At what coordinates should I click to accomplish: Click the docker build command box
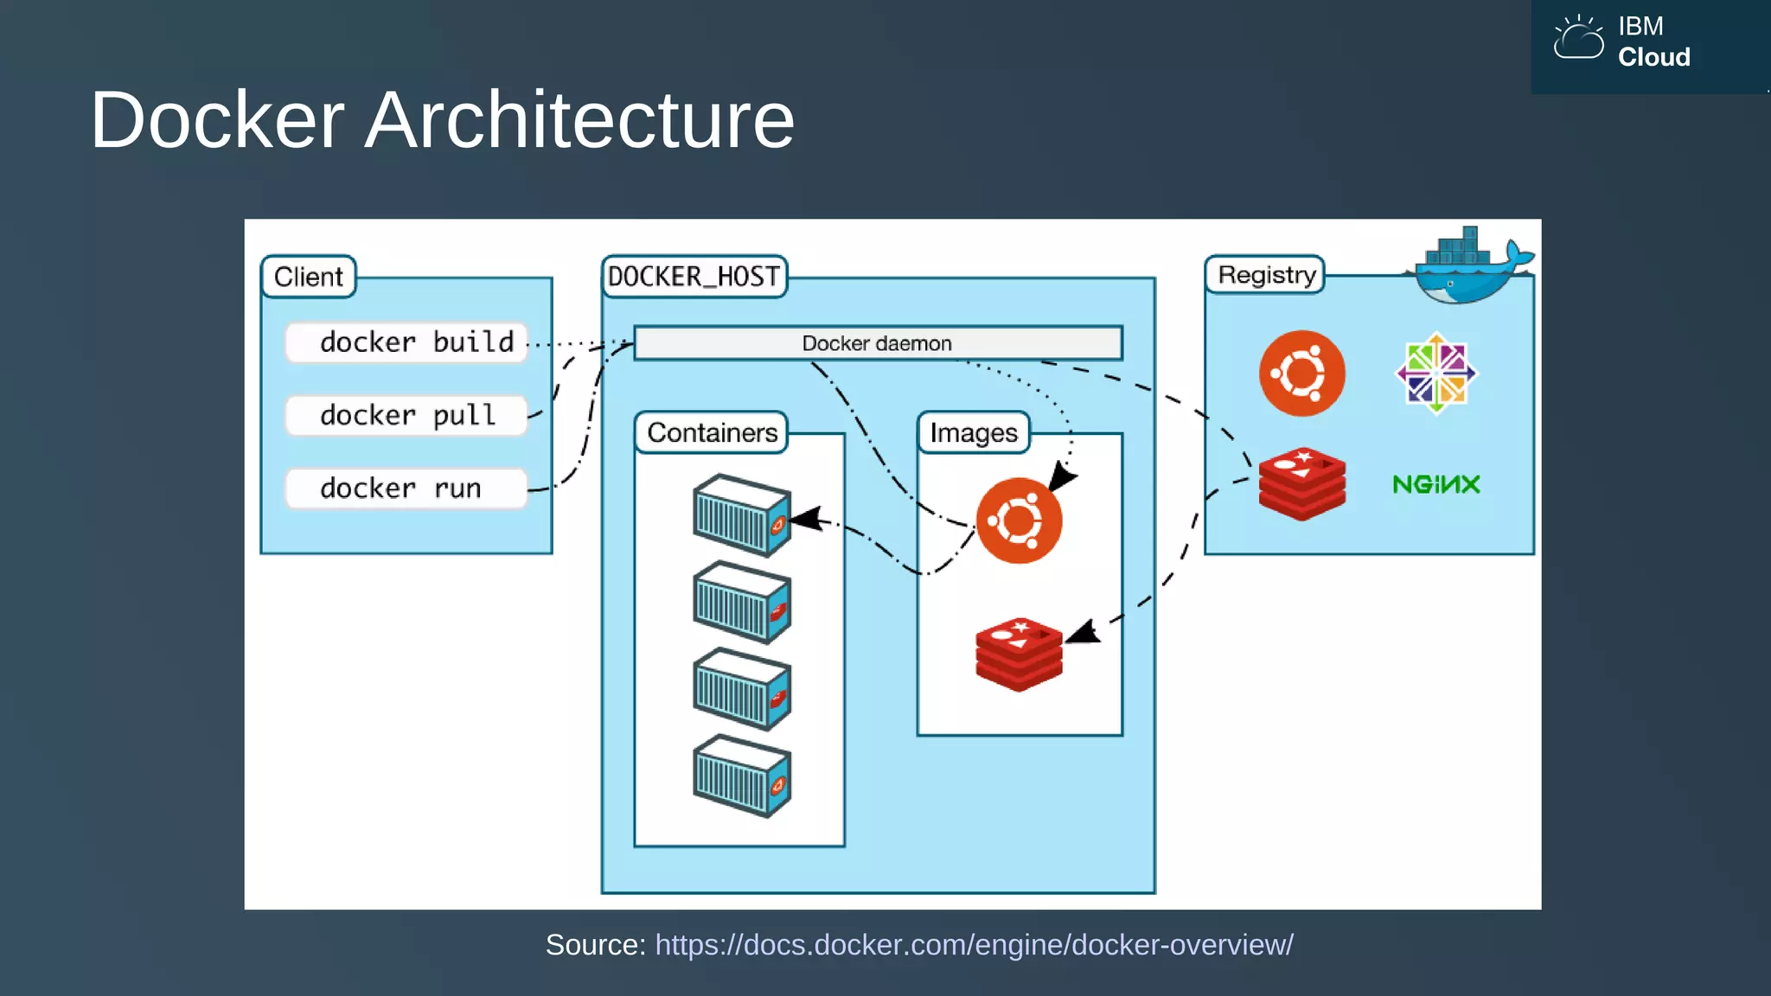(406, 342)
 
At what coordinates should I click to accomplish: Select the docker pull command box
(406, 416)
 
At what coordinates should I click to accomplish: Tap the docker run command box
(406, 488)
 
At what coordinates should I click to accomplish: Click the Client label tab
(308, 277)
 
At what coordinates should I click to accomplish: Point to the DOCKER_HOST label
(694, 277)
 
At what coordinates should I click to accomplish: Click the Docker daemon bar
(877, 343)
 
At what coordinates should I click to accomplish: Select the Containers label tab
(712, 432)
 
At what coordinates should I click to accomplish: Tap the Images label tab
(974, 432)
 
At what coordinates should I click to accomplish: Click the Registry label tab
(1266, 275)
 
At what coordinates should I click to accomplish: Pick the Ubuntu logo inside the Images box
(1019, 520)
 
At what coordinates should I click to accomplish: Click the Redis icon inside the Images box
(1019, 654)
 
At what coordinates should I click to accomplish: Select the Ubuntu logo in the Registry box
(1301, 373)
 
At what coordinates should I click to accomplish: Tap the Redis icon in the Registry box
(1301, 483)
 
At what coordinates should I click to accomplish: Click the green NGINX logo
(1435, 484)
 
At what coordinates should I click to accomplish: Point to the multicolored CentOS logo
(1435, 373)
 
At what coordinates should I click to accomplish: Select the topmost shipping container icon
(742, 515)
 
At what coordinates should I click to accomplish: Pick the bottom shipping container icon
(742, 776)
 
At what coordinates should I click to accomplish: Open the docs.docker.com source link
(974, 945)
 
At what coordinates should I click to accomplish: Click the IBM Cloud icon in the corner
(1578, 39)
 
